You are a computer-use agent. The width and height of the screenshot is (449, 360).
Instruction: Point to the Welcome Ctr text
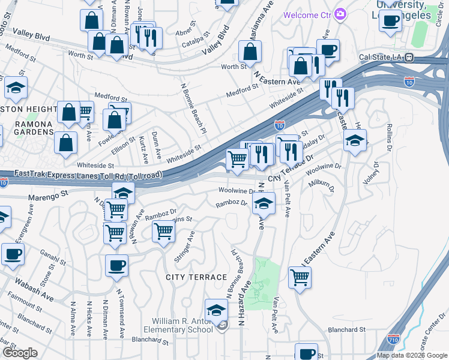tap(308, 14)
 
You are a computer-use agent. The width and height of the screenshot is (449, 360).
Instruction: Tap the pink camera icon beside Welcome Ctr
tap(340, 14)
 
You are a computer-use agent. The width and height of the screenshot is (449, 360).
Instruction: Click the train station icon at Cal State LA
tap(409, 58)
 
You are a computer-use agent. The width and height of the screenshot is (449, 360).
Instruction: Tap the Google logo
tap(20, 353)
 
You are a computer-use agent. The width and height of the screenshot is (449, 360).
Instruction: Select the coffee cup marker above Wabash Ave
tap(117, 265)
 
